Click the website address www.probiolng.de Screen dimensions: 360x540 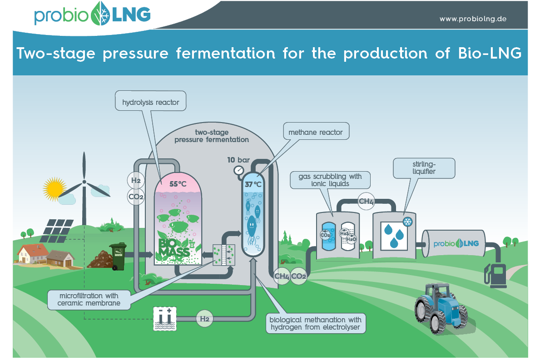coord(473,19)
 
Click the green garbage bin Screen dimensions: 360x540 coord(118,256)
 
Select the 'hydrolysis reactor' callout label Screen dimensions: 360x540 coord(151,103)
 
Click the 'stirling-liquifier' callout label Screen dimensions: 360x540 coord(424,168)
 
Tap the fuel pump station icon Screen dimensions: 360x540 coord(497,274)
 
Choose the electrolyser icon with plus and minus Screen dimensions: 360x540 coord(164,320)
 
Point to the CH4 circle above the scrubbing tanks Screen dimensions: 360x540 coord(367,201)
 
